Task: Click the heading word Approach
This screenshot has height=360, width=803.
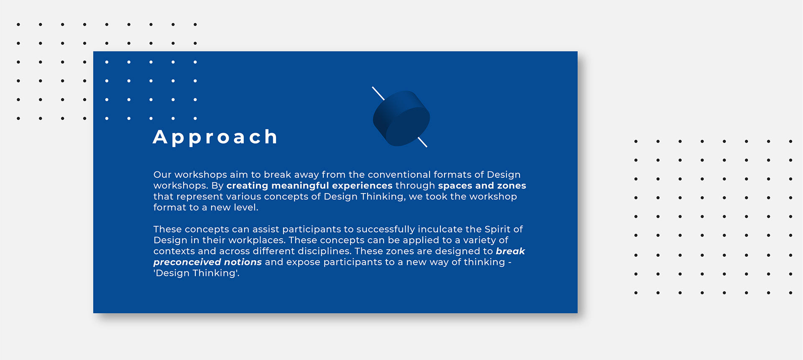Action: [x=215, y=138]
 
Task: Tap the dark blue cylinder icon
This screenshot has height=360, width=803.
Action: [x=401, y=118]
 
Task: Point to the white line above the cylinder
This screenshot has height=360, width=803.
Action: [x=378, y=93]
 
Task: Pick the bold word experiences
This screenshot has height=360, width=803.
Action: [x=362, y=186]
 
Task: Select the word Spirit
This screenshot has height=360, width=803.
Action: [x=498, y=230]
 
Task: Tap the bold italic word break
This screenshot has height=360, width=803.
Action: [x=510, y=251]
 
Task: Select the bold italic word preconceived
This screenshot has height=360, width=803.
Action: [x=187, y=262]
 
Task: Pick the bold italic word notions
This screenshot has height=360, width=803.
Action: [x=243, y=262]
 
